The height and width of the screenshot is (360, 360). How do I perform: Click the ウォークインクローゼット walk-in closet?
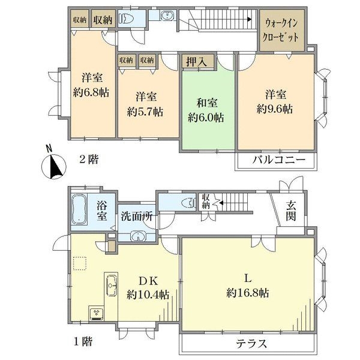tap(282, 29)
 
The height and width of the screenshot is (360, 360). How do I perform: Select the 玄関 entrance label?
tap(290, 211)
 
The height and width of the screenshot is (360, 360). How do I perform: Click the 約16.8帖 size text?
tap(248, 293)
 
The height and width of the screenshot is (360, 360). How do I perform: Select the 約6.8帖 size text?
tap(92, 93)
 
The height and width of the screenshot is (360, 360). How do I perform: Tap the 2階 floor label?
tap(89, 160)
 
